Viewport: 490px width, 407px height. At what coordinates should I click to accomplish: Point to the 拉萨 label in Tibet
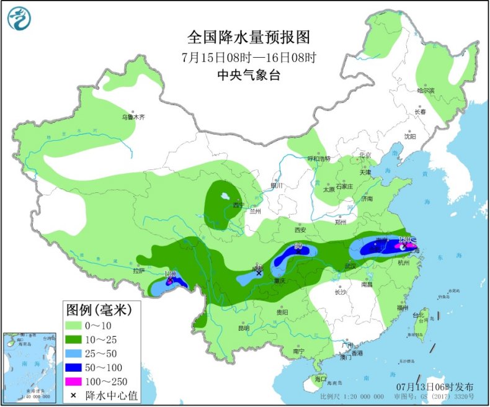[x=138, y=270]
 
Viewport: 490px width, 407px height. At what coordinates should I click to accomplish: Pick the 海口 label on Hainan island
[x=320, y=378]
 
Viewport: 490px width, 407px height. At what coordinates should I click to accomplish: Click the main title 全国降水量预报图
[x=249, y=38]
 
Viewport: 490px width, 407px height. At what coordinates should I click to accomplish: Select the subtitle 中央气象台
[x=248, y=75]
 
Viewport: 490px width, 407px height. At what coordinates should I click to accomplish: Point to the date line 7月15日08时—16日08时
[x=249, y=57]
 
